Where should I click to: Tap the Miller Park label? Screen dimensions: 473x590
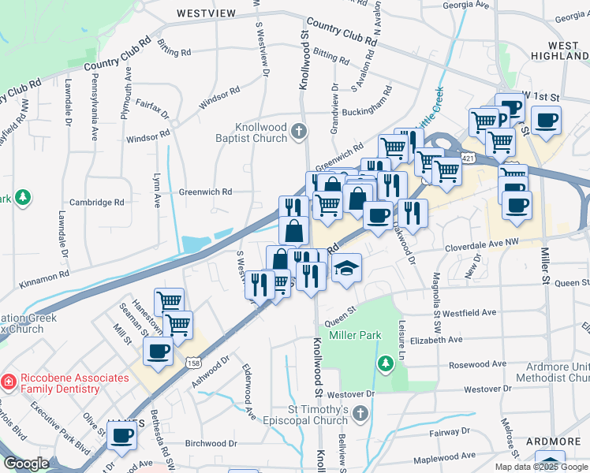point(355,335)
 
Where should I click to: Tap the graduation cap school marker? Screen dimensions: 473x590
point(345,268)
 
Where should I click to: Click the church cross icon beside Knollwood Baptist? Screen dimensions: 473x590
point(298,130)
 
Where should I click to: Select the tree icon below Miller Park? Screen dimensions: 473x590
point(385,363)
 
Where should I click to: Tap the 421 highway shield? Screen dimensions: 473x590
point(468,158)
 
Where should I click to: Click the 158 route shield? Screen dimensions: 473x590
point(194,363)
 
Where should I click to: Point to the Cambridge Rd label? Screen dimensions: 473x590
point(97,202)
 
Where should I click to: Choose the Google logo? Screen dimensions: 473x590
point(26,464)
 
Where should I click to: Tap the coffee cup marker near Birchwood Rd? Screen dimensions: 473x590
point(122,436)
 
